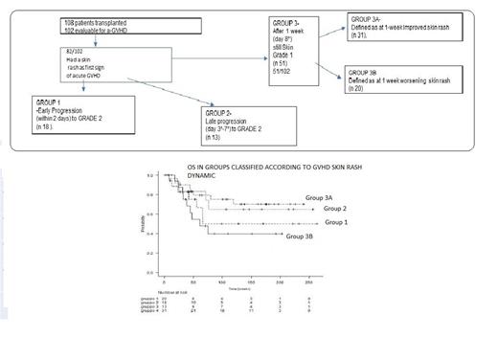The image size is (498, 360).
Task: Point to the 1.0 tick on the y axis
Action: pos(150,178)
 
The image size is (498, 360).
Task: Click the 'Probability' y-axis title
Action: pos(141,226)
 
